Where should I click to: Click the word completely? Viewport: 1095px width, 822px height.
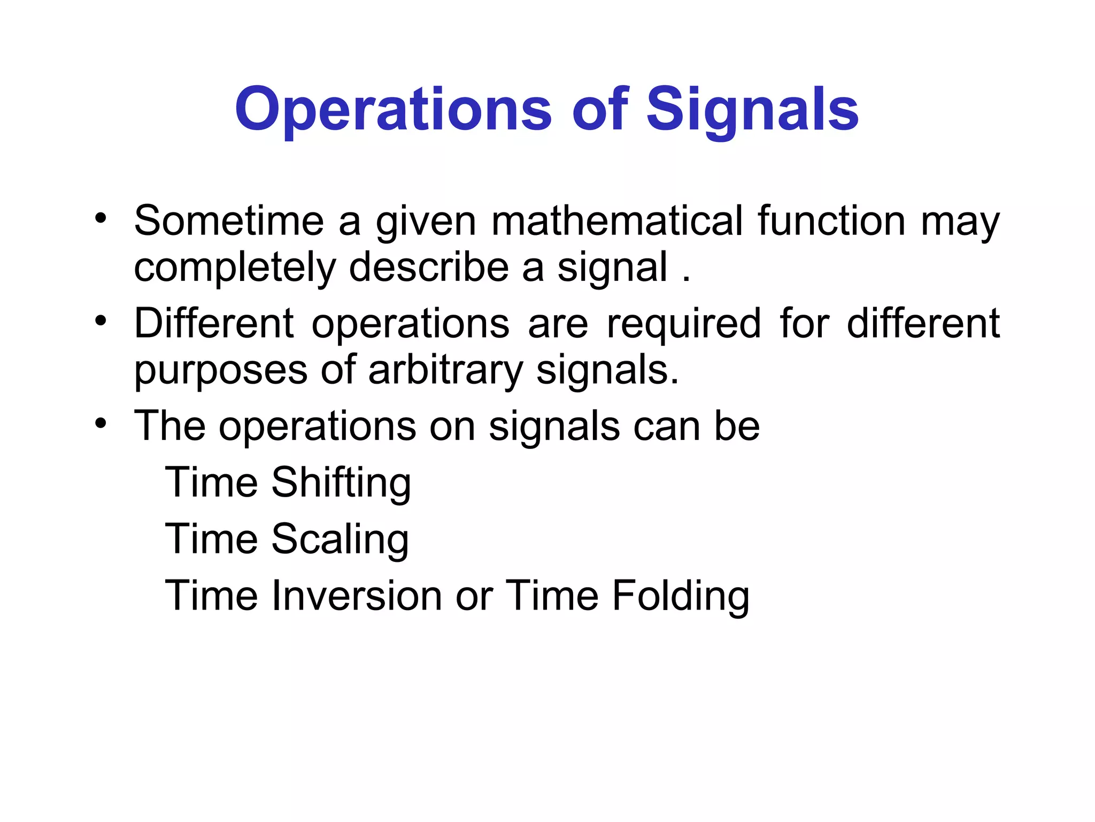point(234,267)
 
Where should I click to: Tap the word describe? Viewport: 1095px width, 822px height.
point(429,267)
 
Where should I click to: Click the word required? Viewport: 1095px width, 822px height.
point(684,324)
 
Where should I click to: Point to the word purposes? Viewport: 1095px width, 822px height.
point(220,370)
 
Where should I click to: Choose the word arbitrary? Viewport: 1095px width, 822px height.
point(445,370)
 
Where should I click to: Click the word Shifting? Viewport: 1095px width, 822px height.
point(341,483)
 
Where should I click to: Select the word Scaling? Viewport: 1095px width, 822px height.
point(340,539)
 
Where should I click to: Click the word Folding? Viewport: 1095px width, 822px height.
point(680,596)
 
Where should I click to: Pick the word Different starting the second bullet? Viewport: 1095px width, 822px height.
point(214,324)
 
